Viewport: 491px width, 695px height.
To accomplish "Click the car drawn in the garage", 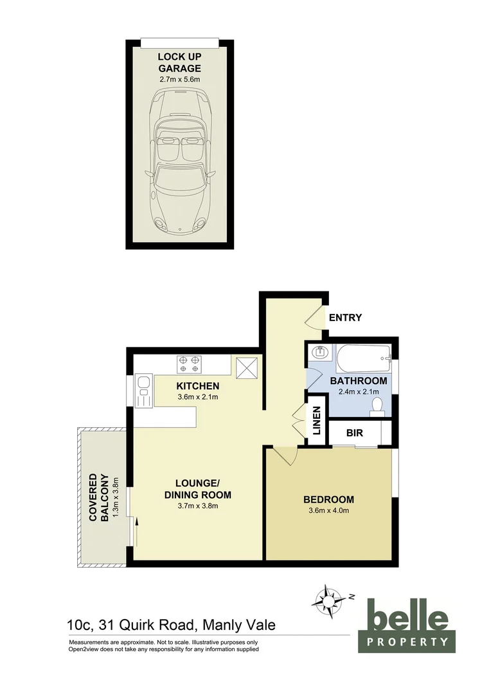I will tap(180, 163).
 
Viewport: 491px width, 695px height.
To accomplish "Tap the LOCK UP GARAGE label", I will tap(180, 62).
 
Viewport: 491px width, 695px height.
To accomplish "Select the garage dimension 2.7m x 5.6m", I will tap(180, 79).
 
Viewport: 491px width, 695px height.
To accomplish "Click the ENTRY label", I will tap(345, 317).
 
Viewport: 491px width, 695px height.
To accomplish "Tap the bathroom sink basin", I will tap(319, 353).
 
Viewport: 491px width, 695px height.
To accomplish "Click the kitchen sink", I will tap(143, 391).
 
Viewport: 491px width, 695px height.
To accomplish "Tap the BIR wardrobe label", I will tap(355, 434).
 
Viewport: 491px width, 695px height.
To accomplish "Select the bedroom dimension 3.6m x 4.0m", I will tap(328, 512).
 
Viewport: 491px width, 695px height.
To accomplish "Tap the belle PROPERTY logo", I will tap(407, 624).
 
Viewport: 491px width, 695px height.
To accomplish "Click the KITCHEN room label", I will tap(198, 386).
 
